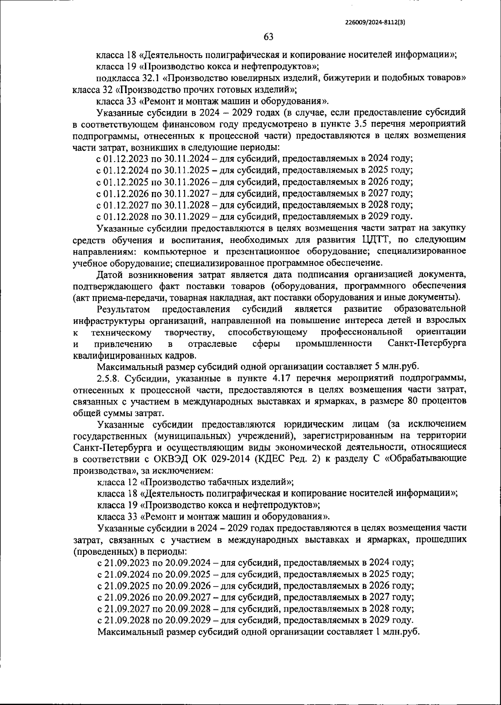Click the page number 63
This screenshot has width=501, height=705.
(x=268, y=37)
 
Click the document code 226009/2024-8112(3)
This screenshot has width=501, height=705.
(x=375, y=24)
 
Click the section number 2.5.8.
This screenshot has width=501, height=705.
(x=109, y=378)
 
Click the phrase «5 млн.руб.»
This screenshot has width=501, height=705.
(x=393, y=367)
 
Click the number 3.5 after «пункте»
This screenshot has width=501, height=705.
(x=361, y=124)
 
